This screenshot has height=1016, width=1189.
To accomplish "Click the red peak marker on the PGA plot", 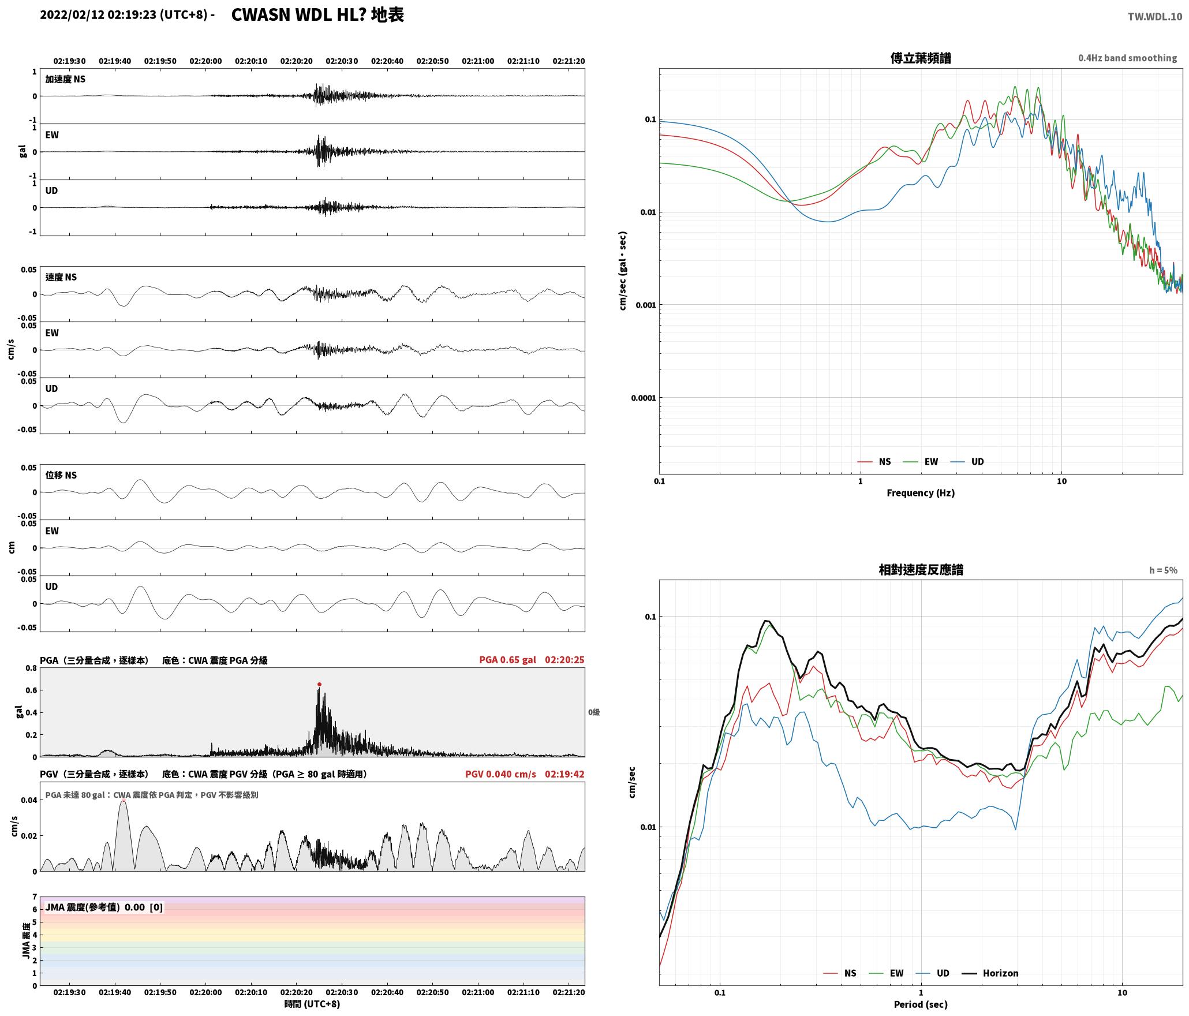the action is (x=319, y=684).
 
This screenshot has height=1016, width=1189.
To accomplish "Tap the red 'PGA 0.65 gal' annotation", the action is (x=507, y=660).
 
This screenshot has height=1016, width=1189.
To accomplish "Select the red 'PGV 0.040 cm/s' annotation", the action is (x=500, y=774).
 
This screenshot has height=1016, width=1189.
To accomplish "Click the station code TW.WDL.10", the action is (x=1155, y=17).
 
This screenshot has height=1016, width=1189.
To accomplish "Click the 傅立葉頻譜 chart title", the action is (x=921, y=58).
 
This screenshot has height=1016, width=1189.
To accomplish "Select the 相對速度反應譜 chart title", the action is (x=921, y=570).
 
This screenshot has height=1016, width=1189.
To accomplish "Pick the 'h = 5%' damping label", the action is (x=1162, y=570).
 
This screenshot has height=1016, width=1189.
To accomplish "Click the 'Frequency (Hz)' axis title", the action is (x=921, y=493).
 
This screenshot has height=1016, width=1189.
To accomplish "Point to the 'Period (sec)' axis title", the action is (x=921, y=1004).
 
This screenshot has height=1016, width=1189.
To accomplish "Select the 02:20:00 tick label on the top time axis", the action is (x=205, y=61).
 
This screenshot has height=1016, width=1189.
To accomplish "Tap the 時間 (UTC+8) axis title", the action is (x=312, y=1004).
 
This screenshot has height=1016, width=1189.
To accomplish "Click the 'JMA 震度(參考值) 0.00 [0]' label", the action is (x=104, y=907).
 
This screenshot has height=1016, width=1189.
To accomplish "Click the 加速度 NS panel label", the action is (x=65, y=79).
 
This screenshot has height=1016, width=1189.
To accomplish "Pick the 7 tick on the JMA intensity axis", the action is (x=35, y=897).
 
